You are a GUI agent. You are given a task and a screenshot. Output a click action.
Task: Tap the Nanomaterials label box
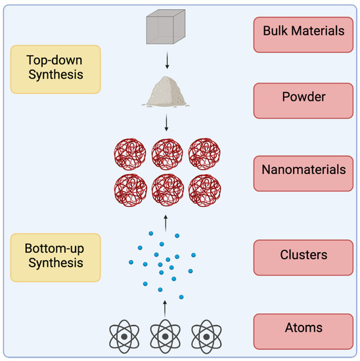click(300, 169)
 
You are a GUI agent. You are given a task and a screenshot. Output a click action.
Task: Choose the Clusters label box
click(300, 255)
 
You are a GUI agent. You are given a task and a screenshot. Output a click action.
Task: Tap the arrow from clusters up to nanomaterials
click(166, 219)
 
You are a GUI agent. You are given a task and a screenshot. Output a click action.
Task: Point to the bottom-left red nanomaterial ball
click(129, 190)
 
